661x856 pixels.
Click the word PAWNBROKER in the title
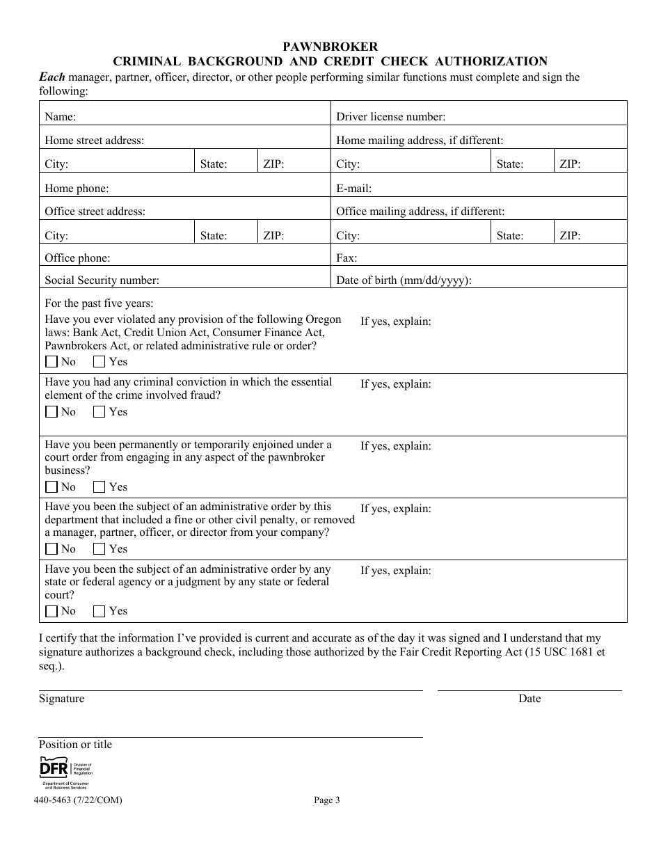(330, 47)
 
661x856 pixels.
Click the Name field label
(61, 117)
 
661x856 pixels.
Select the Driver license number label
(390, 117)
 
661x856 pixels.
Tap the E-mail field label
(353, 188)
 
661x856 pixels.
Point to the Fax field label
(347, 258)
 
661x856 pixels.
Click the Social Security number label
(102, 280)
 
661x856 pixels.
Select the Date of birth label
(404, 280)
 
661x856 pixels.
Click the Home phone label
(77, 188)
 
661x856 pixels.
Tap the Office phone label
(77, 258)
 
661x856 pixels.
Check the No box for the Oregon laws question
(51, 362)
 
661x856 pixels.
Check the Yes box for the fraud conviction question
(99, 412)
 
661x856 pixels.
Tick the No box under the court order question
(51, 487)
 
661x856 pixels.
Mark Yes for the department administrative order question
(99, 549)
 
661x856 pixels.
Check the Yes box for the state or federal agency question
(99, 611)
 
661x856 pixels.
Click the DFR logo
(65, 770)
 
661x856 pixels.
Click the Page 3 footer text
(327, 800)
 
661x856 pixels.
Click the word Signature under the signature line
(61, 699)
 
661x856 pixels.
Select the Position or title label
(75, 745)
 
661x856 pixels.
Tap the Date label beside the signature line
(529, 699)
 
